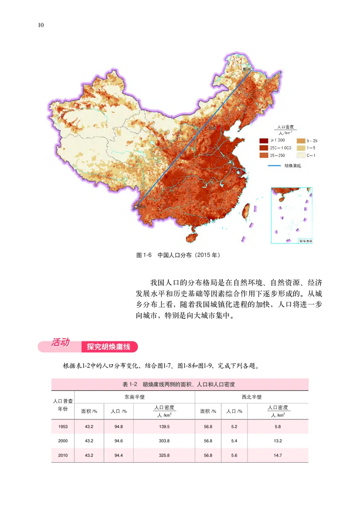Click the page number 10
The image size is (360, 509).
click(40, 25)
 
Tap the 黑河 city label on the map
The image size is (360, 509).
click(246, 70)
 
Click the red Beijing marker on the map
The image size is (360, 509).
click(215, 127)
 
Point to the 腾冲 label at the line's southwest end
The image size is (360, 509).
click(142, 206)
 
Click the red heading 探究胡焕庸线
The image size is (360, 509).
click(108, 347)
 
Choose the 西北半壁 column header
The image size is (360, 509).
click(252, 397)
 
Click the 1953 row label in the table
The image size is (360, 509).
click(63, 427)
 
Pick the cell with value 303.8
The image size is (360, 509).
click(164, 441)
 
